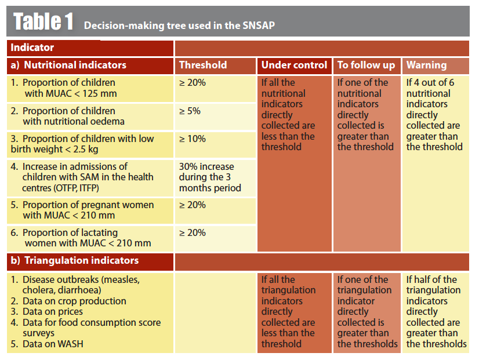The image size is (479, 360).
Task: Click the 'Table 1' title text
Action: pos(43,21)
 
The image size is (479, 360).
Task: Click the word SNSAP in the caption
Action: pos(259,25)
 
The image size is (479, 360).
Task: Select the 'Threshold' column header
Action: pos(203,65)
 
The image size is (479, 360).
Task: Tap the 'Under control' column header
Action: pos(294,65)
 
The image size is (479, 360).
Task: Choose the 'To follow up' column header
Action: pos(366,65)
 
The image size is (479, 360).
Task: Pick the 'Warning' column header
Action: pos(426,65)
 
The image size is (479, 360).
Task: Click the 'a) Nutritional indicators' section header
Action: pos(68,65)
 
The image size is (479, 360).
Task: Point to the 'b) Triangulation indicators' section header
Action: pos(75,260)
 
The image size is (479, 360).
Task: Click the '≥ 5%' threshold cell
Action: pos(190,111)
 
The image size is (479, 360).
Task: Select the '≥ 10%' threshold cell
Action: pos(192,139)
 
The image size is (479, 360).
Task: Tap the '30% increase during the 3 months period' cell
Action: pos(210,177)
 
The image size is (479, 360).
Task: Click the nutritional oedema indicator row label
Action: pos(67,116)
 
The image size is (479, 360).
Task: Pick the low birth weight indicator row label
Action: pos(82,144)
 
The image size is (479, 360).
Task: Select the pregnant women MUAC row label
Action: pos(82,210)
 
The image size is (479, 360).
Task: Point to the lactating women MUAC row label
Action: pos(81,238)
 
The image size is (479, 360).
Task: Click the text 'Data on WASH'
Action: pos(47,344)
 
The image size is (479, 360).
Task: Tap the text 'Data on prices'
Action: pos(47,311)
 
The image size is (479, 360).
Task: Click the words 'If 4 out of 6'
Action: pos(430,82)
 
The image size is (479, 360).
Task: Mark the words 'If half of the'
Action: pos(431,279)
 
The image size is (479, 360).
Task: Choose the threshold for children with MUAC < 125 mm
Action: pos(192,82)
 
